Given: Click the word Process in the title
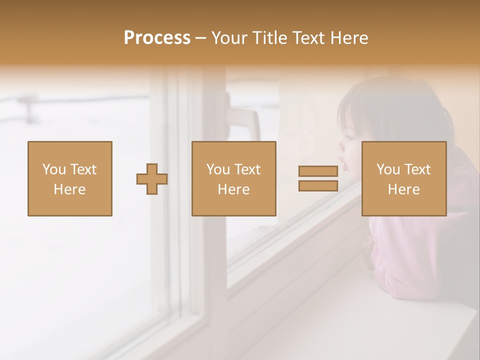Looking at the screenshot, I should [157, 38].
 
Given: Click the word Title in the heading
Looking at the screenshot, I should [269, 38].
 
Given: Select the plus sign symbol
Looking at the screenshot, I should [152, 179].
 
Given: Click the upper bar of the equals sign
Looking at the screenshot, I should [318, 171].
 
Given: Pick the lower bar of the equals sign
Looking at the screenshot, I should [318, 186].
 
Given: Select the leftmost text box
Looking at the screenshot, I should [70, 179].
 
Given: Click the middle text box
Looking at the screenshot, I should [233, 179].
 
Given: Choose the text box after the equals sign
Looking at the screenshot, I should [404, 179].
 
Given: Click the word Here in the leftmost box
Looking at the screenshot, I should [70, 189].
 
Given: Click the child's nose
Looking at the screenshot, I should [340, 146].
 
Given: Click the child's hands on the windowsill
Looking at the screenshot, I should [369, 252].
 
